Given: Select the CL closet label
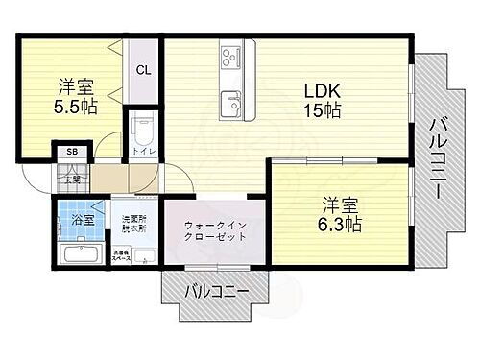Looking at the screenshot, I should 142,69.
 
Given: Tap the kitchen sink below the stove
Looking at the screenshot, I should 231,101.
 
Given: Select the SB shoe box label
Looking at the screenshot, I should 71,152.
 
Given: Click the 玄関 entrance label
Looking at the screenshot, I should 72,178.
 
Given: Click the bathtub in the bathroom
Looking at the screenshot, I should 81,253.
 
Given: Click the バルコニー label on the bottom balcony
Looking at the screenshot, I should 217,291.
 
